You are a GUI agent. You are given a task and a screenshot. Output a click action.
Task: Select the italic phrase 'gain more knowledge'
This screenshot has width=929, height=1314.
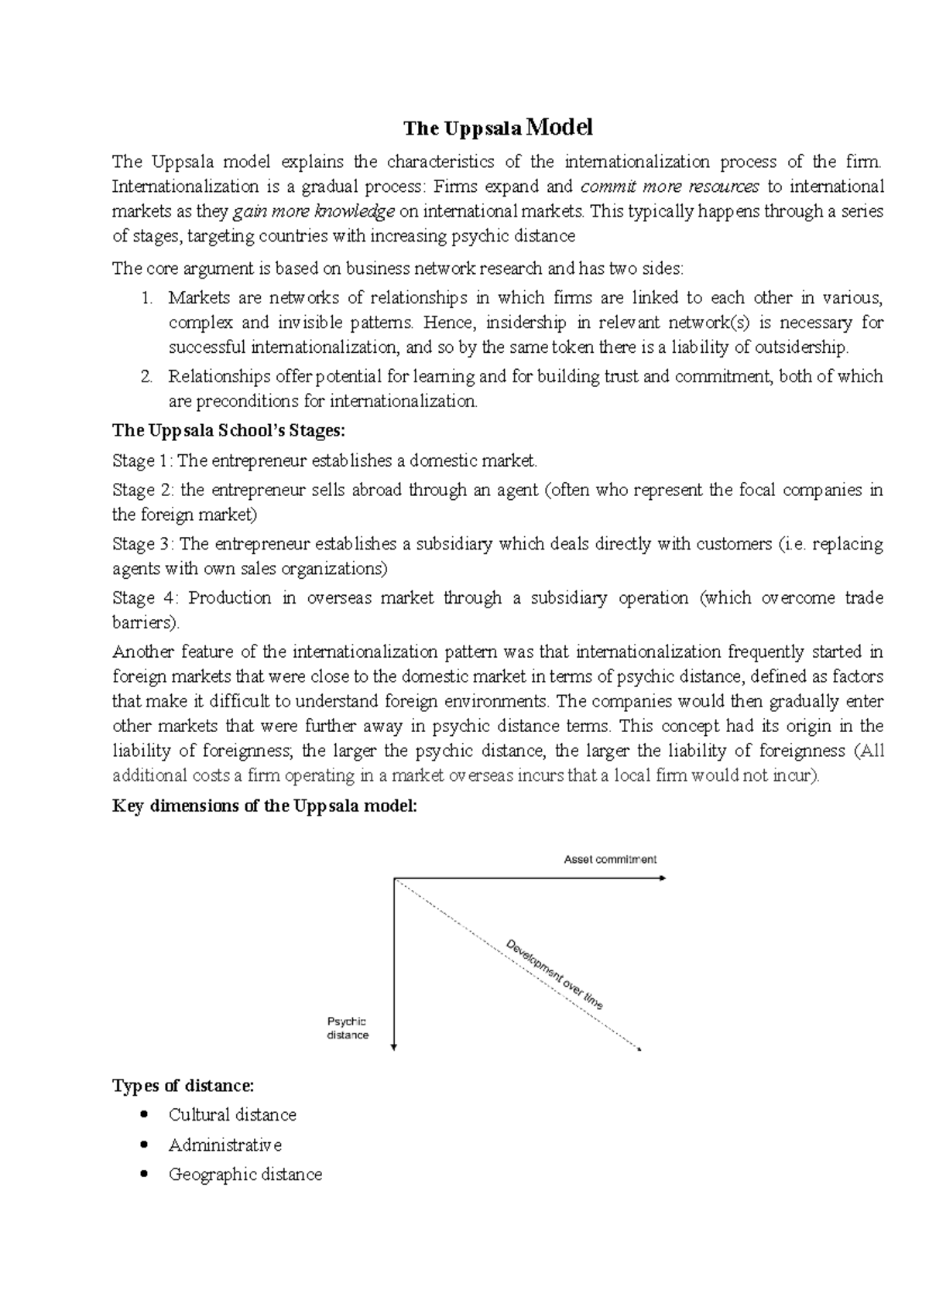pyautogui.click(x=314, y=211)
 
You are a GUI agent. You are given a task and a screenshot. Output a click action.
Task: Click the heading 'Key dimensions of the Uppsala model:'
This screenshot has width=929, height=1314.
pyautogui.click(x=265, y=806)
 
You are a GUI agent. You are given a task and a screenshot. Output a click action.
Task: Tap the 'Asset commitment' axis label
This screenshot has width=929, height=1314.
pyautogui.click(x=610, y=859)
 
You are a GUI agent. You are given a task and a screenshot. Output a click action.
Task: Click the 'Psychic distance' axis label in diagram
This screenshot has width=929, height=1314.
pyautogui.click(x=348, y=1028)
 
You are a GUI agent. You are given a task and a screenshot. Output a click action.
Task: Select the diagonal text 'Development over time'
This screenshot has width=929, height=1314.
pyautogui.click(x=554, y=974)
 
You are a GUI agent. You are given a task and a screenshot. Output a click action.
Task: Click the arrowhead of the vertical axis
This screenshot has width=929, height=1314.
pyautogui.click(x=394, y=1047)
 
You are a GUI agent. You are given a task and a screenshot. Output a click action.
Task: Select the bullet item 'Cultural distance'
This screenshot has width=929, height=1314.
pyautogui.click(x=232, y=1115)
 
